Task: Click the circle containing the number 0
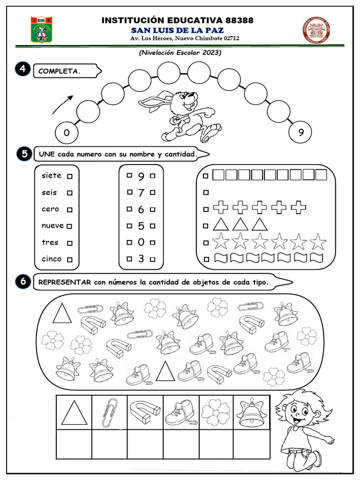[x=67, y=133]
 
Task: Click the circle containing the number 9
[x=300, y=133]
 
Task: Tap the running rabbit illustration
[x=183, y=115]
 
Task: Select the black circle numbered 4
[x=22, y=70]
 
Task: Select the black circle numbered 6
[x=22, y=281]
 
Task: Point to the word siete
[x=51, y=176]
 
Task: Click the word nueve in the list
[x=52, y=225]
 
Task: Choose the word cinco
[x=51, y=259]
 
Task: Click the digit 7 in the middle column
[x=141, y=193]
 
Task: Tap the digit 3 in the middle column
[x=141, y=259]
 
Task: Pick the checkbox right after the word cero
[x=69, y=210]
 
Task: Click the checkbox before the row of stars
[x=205, y=243]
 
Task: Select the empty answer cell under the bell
[x=252, y=444]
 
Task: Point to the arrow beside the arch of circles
[x=63, y=105]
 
